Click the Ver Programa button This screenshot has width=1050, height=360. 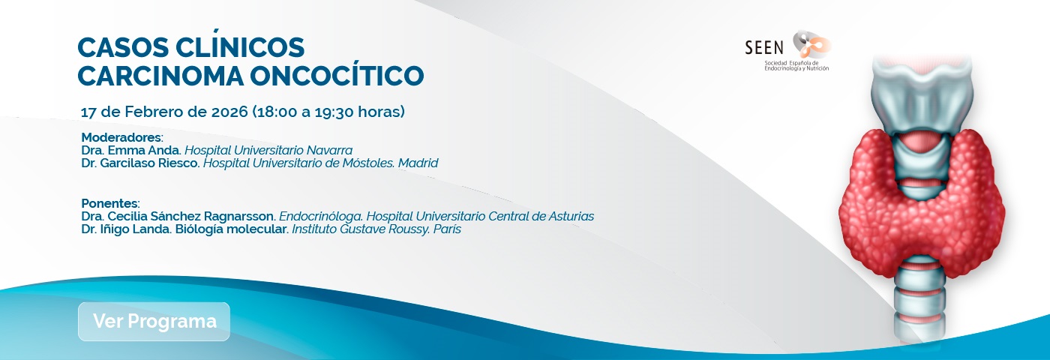coord(154,322)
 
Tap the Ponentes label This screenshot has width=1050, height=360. coord(109,203)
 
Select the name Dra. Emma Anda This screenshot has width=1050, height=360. coord(131,150)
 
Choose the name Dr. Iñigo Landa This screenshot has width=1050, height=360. coord(126,229)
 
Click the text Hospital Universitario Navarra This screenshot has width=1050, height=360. coord(268,150)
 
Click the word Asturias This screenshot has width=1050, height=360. coord(568,216)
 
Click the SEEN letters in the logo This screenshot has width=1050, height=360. coord(763,47)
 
